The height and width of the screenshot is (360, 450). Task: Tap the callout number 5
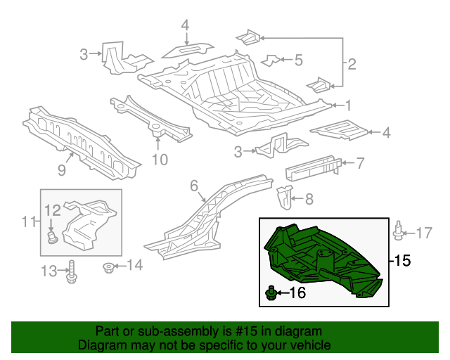pos(298,60)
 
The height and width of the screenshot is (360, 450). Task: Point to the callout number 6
pos(194,186)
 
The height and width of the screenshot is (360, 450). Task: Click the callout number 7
pos(360,164)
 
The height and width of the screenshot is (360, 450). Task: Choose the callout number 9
pos(62,170)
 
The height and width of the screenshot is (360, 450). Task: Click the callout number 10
pos(160,160)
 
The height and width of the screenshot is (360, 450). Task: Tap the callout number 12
pos(53,210)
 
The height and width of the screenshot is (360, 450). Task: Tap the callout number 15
pos(401,261)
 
